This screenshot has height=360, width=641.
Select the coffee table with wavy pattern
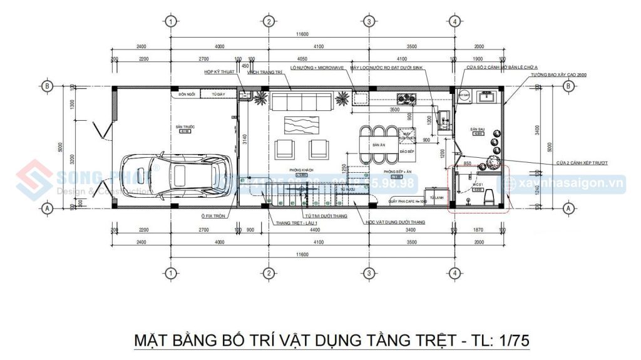click(x=300, y=125)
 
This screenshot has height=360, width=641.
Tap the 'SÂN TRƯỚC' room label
click(x=185, y=127)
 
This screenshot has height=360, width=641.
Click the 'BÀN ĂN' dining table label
click(x=378, y=145)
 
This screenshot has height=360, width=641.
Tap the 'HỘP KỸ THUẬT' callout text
click(x=218, y=72)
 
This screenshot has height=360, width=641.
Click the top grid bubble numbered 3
click(x=369, y=22)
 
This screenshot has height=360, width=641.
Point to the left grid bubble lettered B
click(x=46, y=86)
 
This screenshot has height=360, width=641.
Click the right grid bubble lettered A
click(x=568, y=207)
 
